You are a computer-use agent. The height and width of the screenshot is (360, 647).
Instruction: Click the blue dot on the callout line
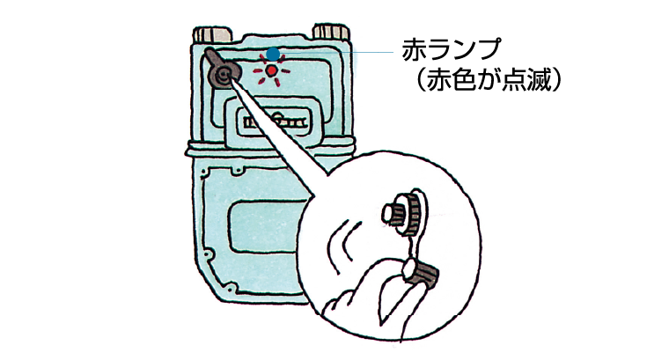pos(273,54)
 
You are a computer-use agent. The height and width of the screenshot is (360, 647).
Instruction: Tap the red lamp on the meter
pos(271,71)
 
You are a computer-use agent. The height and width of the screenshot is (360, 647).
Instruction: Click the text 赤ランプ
pos(452,50)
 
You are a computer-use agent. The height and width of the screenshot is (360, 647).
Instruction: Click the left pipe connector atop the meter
pos(212,34)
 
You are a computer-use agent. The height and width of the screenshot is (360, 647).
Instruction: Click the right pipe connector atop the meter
pos(331,33)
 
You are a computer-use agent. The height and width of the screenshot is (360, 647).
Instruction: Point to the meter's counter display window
pos(274,122)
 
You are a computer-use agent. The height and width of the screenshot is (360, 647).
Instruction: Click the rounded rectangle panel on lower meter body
pos(268,226)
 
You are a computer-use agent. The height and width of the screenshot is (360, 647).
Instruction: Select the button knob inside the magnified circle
pos(401,214)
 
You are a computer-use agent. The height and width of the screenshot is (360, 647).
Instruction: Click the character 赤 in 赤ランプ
pos(414,50)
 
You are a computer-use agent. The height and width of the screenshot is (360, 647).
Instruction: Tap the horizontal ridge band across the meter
pos(269,149)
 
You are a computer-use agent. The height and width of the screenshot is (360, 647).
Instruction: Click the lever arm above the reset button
pos(216,59)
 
